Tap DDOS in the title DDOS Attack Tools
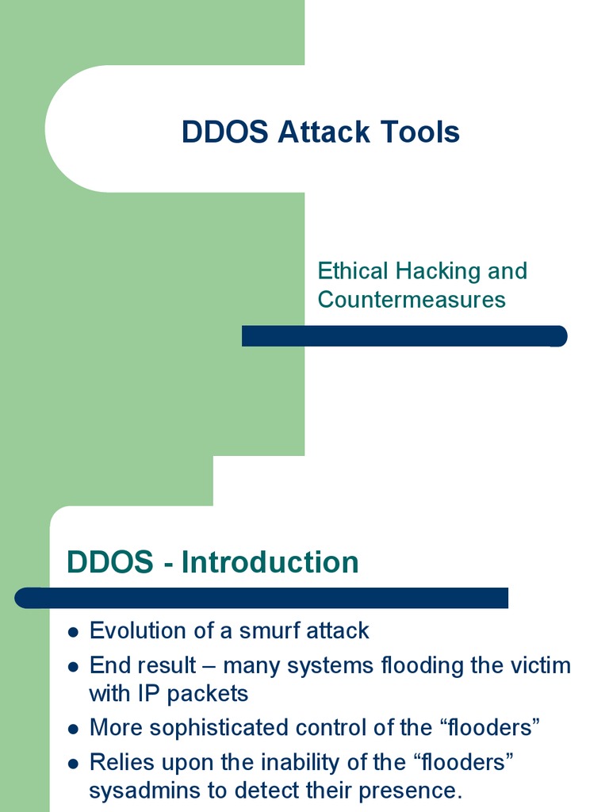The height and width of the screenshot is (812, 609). (225, 132)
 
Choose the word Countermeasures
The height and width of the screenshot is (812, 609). (412, 300)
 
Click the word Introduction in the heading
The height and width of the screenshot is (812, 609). (270, 562)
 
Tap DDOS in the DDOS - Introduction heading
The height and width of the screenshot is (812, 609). (110, 562)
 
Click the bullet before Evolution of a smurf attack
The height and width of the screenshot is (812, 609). (74, 633)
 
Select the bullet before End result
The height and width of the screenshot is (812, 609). (74, 667)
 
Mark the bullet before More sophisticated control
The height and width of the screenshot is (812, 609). (74, 729)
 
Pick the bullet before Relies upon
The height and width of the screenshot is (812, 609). (74, 764)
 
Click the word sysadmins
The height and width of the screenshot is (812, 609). (147, 791)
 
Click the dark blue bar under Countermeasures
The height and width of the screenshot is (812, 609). (404, 336)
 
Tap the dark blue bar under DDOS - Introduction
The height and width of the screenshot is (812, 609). (262, 598)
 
